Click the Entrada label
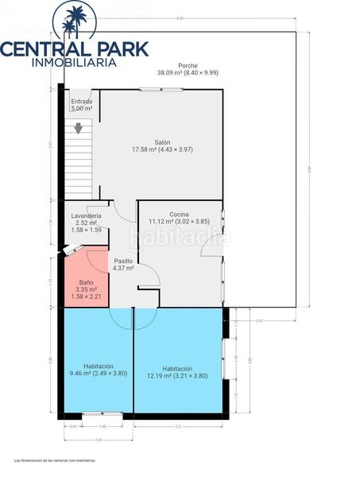pyautogui.click(x=81, y=102)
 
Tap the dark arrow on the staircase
pyautogui.click(x=78, y=127)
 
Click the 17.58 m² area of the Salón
pyautogui.click(x=162, y=150)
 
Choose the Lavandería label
pyautogui.click(x=86, y=216)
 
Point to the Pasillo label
pyautogui.click(x=122, y=261)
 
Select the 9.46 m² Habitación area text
pyautogui.click(x=98, y=373)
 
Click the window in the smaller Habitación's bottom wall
pyautogui.click(x=102, y=413)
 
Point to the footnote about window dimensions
pyautogui.click(x=54, y=460)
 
